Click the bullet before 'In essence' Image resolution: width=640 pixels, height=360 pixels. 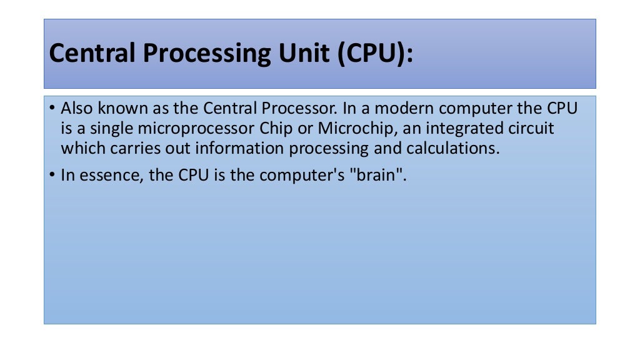[x=52, y=176]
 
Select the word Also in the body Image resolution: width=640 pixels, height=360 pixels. [x=76, y=108]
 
